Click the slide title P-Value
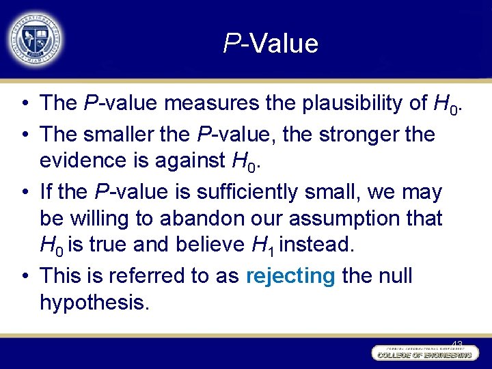click(271, 44)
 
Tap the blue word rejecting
click(290, 276)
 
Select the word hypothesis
click(94, 303)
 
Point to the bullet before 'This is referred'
click(25, 276)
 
